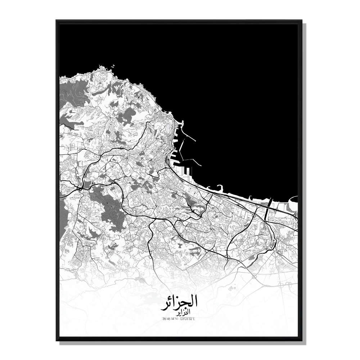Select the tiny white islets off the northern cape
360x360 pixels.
[x=113, y=66]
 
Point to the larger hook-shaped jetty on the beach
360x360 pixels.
[x=219, y=187]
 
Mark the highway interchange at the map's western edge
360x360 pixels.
[x=80, y=187]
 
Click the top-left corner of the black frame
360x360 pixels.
[x=57, y=21]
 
